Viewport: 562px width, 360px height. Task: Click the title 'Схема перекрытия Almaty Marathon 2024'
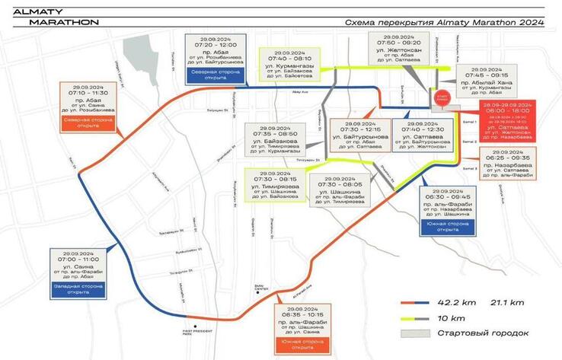[444, 24]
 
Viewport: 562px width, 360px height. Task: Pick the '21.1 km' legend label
[506, 303]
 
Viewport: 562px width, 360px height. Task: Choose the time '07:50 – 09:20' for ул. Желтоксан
[398, 43]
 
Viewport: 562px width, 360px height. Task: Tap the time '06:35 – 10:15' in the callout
[304, 313]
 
